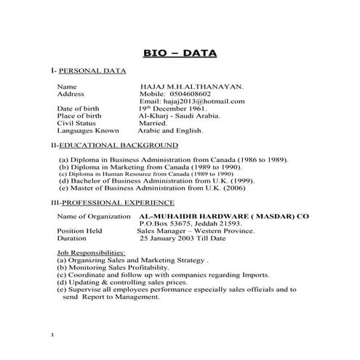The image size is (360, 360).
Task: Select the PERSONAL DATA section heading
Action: coord(92,71)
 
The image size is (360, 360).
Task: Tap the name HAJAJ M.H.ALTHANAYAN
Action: coord(192,86)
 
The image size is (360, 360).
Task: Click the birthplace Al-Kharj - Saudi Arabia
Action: coord(180,116)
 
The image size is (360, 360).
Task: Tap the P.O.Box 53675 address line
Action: coord(188,223)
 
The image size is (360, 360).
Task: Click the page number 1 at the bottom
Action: coord(53,335)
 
